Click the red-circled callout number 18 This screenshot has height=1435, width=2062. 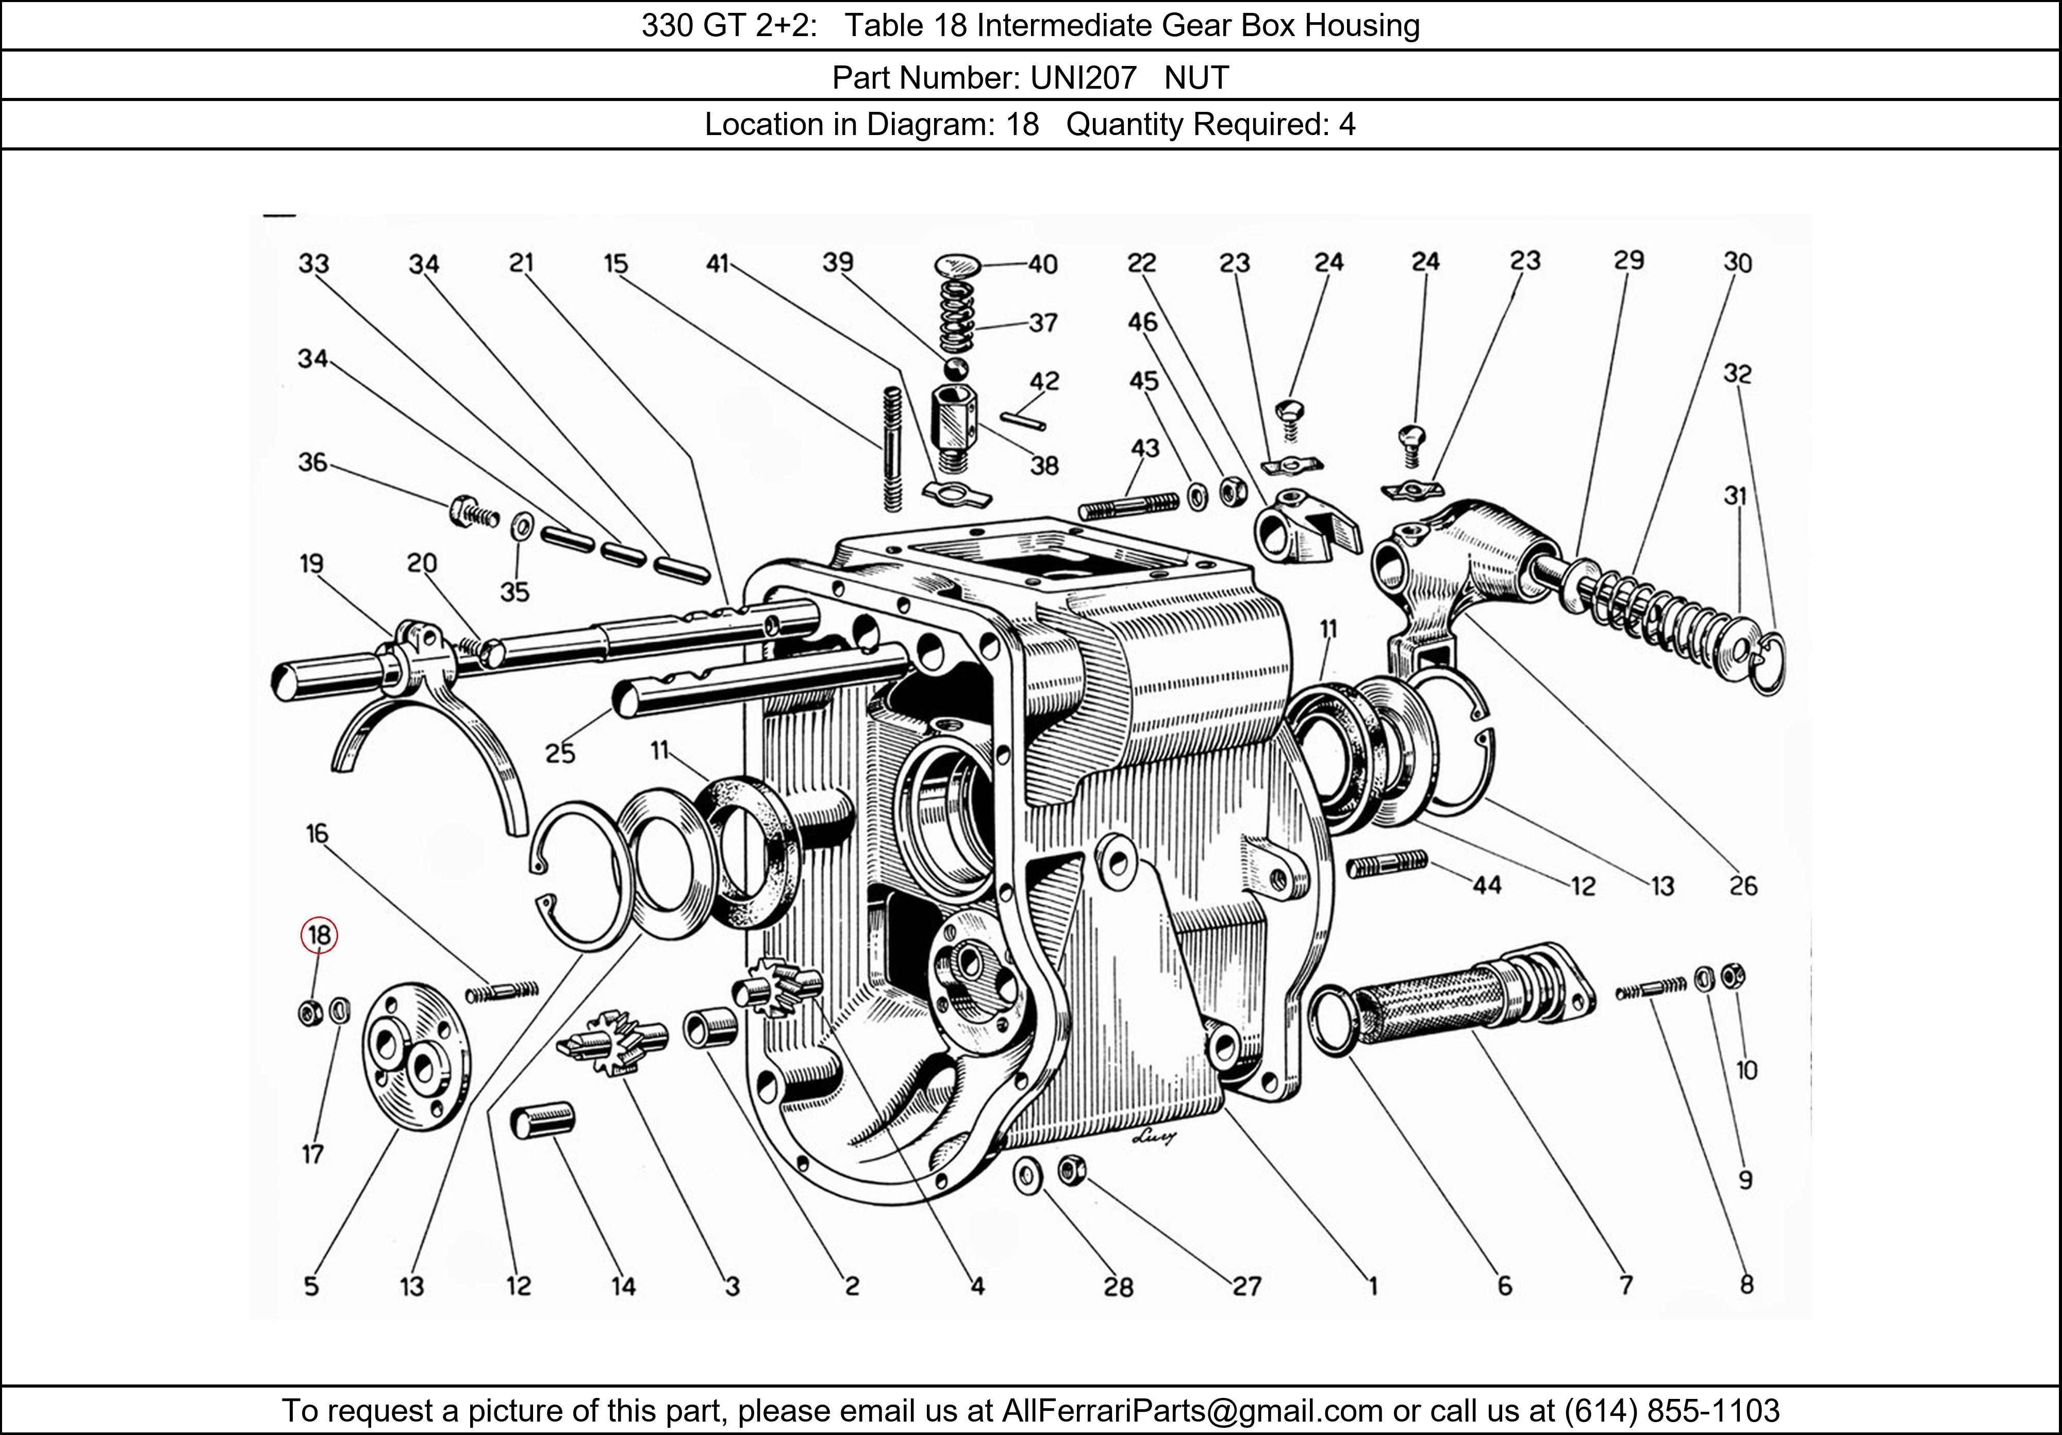319,935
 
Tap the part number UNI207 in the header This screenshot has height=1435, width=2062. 1083,78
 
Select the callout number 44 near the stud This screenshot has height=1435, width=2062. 1486,886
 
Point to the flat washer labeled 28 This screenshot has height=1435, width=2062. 1026,1175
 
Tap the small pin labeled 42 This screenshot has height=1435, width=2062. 1023,420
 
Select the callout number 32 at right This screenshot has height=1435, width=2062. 1737,374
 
